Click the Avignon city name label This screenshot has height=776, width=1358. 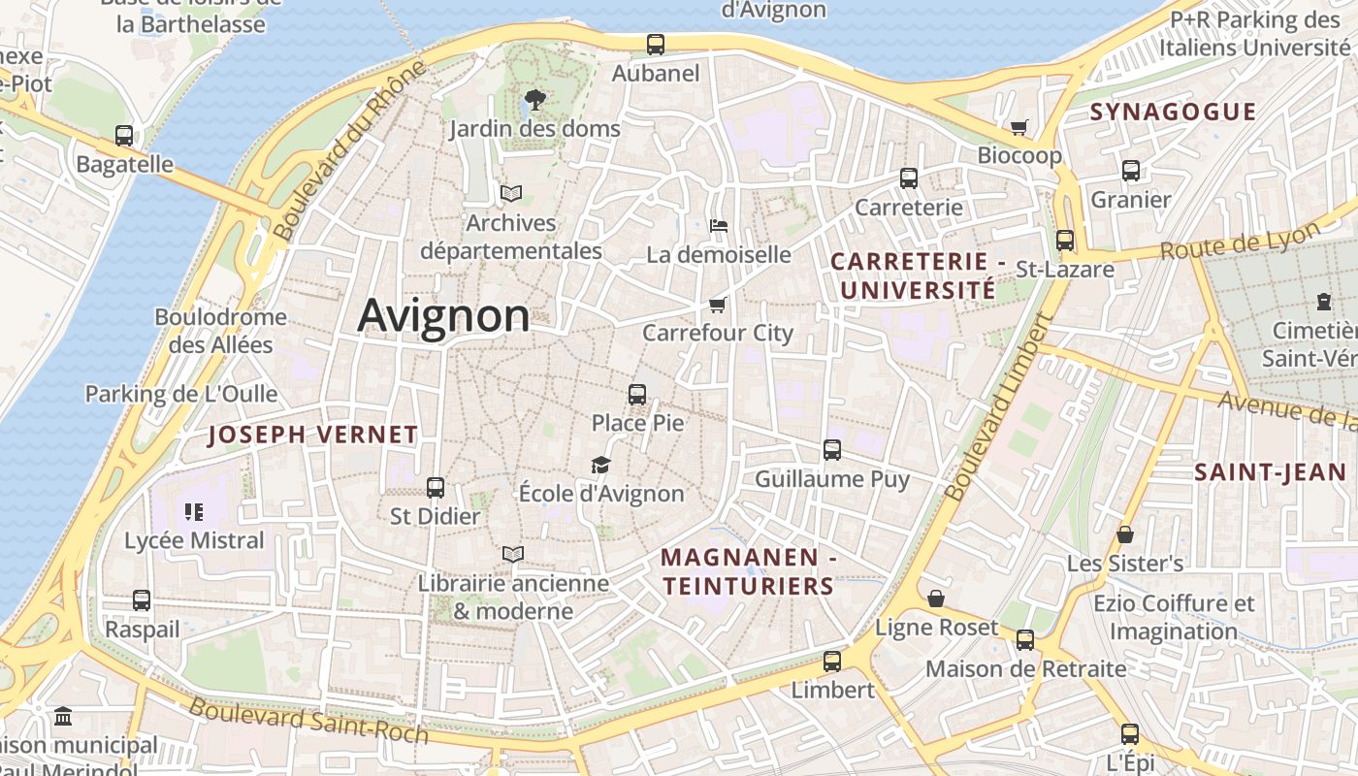coord(444,316)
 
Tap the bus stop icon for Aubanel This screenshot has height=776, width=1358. coord(656,45)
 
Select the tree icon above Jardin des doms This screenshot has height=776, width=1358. coord(533,99)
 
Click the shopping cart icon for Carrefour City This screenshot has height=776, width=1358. coord(718,305)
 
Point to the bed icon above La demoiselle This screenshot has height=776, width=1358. coord(719,226)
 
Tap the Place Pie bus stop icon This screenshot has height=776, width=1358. coord(637,394)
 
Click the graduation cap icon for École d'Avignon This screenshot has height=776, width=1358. coord(601,465)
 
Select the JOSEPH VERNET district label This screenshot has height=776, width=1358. coord(312,436)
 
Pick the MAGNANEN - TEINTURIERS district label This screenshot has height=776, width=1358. coord(748,571)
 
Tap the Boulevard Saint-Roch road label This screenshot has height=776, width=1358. coord(308,720)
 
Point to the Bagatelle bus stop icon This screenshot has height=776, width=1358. coord(124,136)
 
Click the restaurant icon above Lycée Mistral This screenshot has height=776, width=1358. coord(193,511)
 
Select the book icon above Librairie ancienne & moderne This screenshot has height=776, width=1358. coord(513,554)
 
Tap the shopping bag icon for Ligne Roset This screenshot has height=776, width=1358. coord(936,598)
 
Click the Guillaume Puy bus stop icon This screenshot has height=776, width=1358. coord(832,449)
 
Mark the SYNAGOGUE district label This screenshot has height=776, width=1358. coord(1173,112)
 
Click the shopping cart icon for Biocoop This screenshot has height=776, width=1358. coord(1019,127)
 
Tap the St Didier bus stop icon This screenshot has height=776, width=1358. coord(436,487)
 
